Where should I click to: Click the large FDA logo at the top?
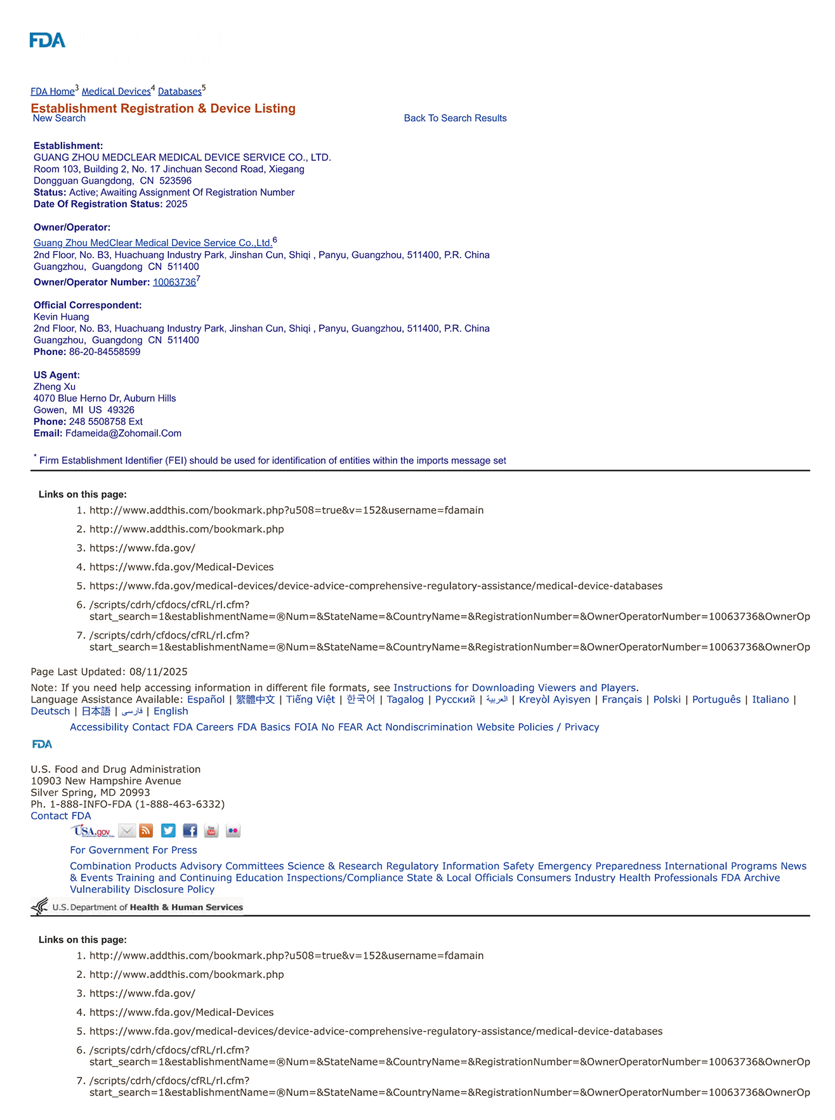(x=48, y=41)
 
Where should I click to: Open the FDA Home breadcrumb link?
(x=53, y=92)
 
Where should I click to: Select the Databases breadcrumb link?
(x=180, y=92)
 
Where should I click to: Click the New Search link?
(x=59, y=119)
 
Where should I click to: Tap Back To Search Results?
(x=455, y=119)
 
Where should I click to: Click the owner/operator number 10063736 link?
(x=174, y=283)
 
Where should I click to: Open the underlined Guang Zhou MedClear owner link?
(x=153, y=243)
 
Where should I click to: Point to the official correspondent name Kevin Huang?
(x=62, y=317)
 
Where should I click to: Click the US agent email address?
(x=123, y=434)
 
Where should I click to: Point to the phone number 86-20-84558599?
(x=105, y=352)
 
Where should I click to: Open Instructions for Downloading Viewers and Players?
(x=515, y=688)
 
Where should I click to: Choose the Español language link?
(x=206, y=700)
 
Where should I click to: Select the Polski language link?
(x=667, y=700)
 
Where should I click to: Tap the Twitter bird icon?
(x=168, y=831)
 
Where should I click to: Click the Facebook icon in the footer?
(x=190, y=831)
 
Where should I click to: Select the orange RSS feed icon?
(x=146, y=831)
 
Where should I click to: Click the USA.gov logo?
(x=93, y=831)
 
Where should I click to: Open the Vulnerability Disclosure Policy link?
(x=142, y=890)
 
